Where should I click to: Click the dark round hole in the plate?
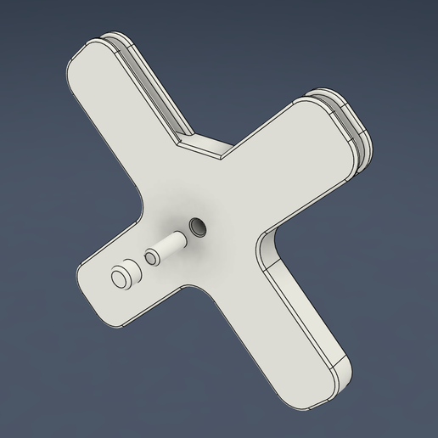click(x=199, y=226)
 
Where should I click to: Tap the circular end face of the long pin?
click(x=122, y=277)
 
